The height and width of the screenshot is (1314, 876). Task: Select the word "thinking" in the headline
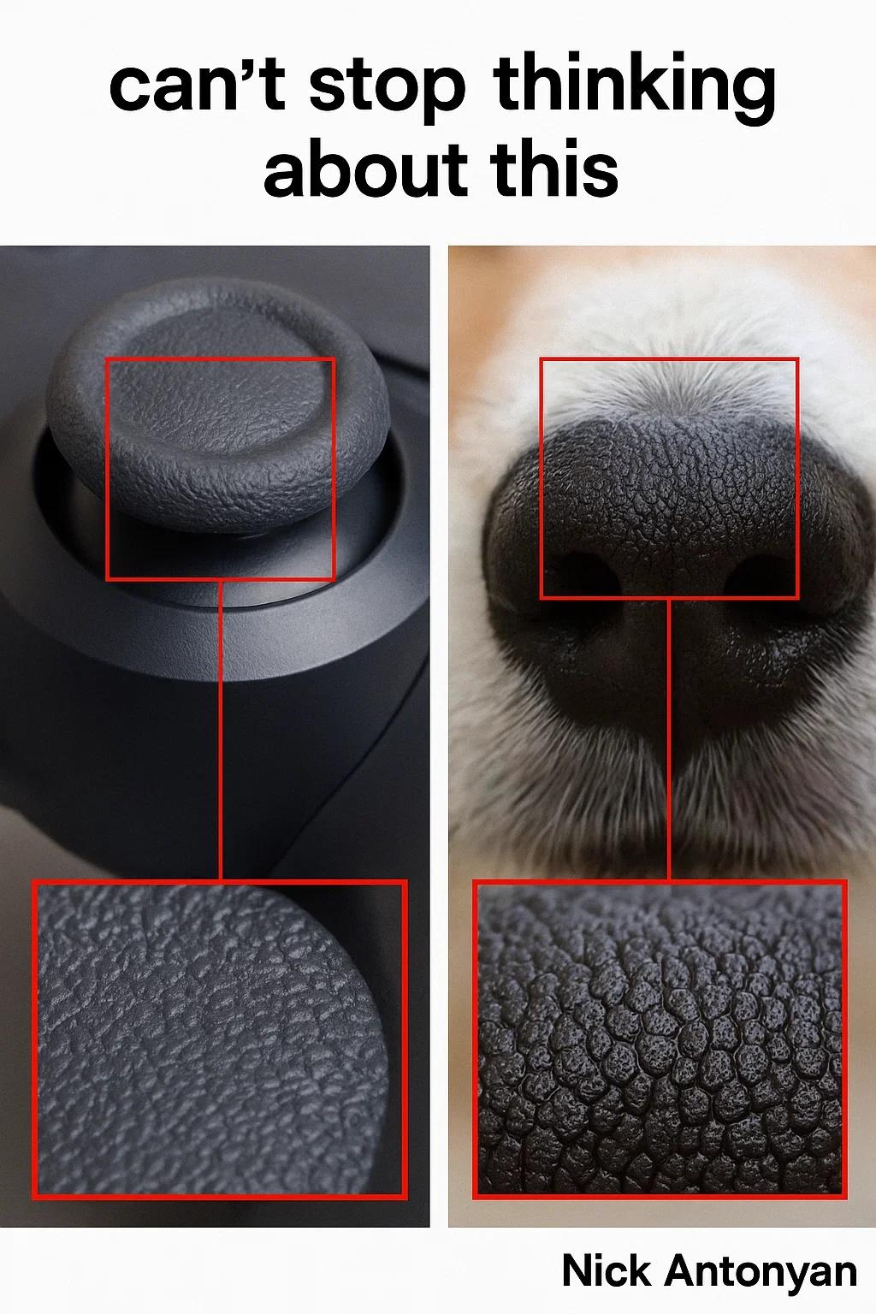click(x=634, y=88)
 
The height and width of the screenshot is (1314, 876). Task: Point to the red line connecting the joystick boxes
click(x=221, y=731)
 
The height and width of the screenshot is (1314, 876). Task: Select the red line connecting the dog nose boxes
click(x=669, y=739)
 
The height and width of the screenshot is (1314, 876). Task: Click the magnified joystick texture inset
click(x=220, y=1039)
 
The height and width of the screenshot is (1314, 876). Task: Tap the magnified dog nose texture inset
click(x=660, y=1039)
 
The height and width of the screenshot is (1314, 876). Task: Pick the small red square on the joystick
click(x=221, y=358)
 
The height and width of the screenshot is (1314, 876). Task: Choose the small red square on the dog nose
click(x=669, y=359)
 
